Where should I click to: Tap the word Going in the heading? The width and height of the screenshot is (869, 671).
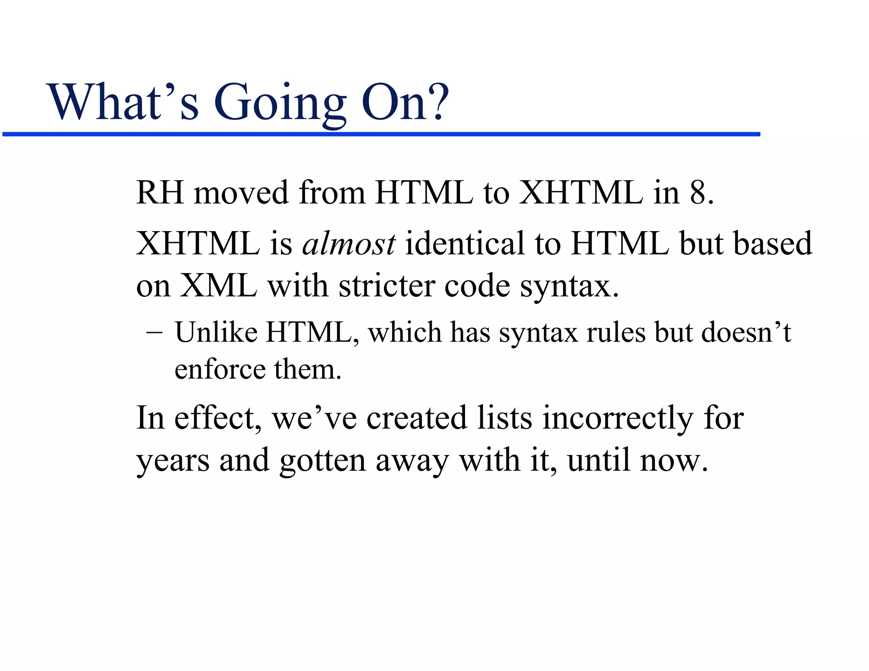[280, 104]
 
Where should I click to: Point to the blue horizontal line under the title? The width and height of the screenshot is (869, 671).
[382, 134]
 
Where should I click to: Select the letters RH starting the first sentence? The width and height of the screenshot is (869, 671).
[160, 193]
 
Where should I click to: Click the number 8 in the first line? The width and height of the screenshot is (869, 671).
[698, 193]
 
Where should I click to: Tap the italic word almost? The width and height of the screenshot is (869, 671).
[349, 244]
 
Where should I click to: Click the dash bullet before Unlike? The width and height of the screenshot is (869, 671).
[154, 333]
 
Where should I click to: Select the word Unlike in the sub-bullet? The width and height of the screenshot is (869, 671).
[216, 332]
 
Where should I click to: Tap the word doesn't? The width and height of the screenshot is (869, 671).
[746, 332]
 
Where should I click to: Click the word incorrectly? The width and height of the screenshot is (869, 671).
[618, 418]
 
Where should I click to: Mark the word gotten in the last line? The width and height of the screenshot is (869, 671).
[322, 461]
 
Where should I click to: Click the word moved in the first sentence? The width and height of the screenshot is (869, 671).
[241, 193]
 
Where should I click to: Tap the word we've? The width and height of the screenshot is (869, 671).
[314, 418]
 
